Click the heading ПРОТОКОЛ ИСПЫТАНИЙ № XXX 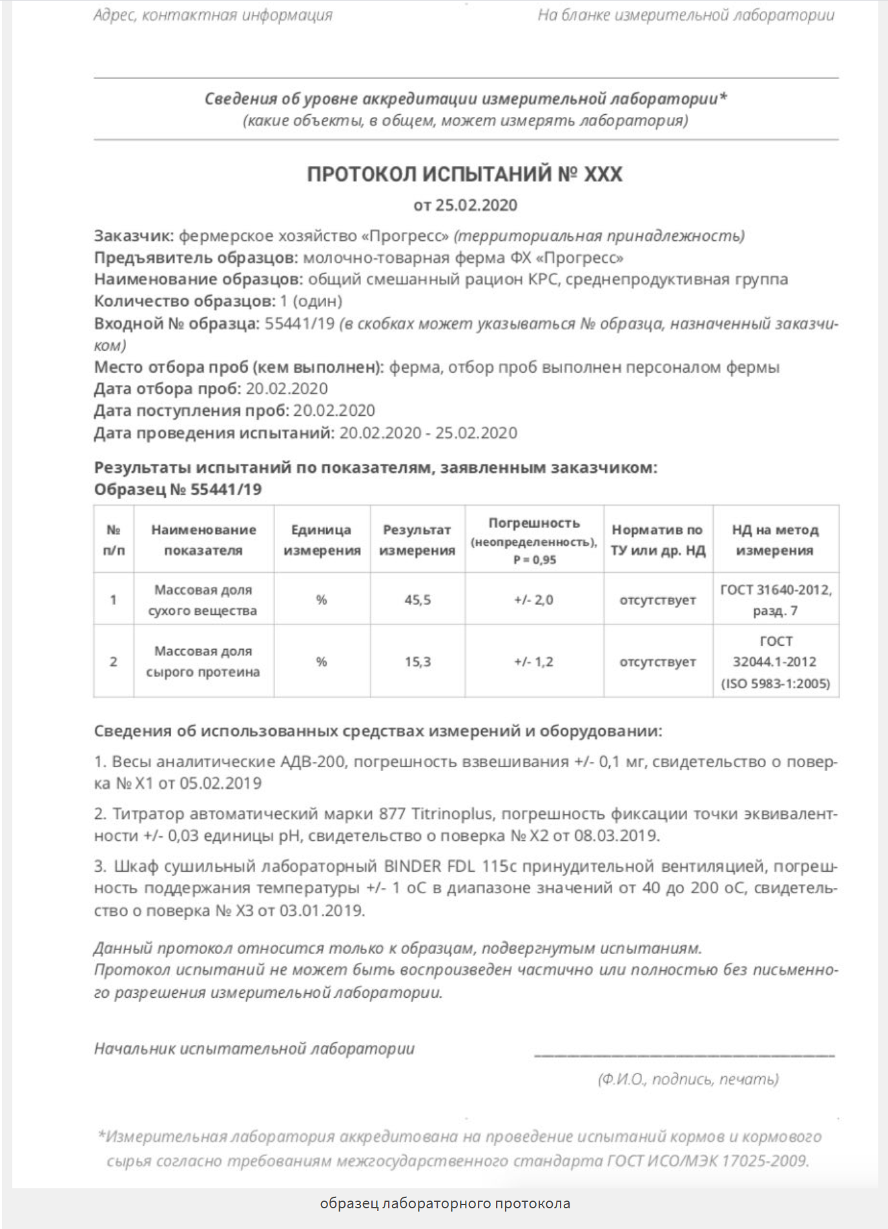tap(464, 174)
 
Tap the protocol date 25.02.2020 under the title tap(476, 205)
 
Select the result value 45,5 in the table tap(417, 600)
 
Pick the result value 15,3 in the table tap(417, 662)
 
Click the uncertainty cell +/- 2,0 tap(533, 600)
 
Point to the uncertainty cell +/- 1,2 tap(533, 662)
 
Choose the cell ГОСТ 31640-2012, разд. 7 tap(776, 599)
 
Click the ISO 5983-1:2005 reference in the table tap(776, 683)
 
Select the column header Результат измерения tap(417, 540)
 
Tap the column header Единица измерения tap(322, 540)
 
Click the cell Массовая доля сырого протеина tap(203, 661)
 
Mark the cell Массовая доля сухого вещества tap(203, 600)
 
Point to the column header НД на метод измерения tap(775, 540)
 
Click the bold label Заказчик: tap(134, 236)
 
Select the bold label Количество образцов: tap(184, 301)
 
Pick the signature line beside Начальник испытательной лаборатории tap(684, 1054)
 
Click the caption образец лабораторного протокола tap(445, 1204)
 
